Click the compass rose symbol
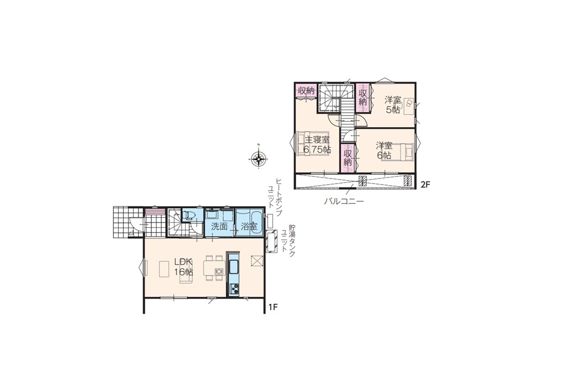[x=259, y=158]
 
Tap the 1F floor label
[x=273, y=307]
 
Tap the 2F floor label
[x=425, y=185]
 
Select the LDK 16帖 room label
[x=183, y=267]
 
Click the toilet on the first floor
[x=189, y=216]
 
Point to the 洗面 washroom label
[x=219, y=227]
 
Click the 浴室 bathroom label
[x=249, y=227]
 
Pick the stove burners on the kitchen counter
[x=234, y=289]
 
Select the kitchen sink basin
[x=234, y=266]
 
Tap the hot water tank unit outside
[x=271, y=241]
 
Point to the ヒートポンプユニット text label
[x=275, y=196]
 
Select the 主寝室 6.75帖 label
[x=317, y=144]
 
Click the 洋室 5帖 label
[x=393, y=104]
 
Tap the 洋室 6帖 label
[x=384, y=151]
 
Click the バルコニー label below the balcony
[x=344, y=201]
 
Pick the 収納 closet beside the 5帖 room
[x=363, y=96]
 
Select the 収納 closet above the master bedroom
[x=306, y=91]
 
